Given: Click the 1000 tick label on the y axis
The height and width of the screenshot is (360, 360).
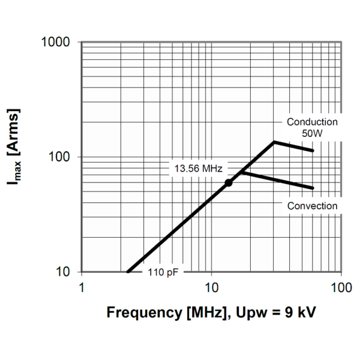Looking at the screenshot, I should (x=57, y=43).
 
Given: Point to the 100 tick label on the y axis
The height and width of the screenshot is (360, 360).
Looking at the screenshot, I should (x=61, y=157).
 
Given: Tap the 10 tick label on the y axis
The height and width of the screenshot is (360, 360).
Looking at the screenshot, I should (x=64, y=272).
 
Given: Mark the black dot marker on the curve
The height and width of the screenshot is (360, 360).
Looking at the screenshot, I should (x=228, y=182).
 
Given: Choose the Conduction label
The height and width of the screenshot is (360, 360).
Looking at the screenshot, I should (x=312, y=122).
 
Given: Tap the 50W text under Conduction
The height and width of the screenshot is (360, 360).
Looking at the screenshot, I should (x=312, y=133).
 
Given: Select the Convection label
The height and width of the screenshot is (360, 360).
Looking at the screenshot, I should (x=312, y=206).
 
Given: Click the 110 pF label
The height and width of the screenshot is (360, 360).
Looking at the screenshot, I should (x=163, y=272).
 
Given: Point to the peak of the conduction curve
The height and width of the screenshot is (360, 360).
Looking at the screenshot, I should (x=274, y=142).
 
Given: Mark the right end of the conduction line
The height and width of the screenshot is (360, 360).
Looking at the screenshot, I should (x=313, y=151).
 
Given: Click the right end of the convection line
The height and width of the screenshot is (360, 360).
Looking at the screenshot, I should (x=313, y=188).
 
